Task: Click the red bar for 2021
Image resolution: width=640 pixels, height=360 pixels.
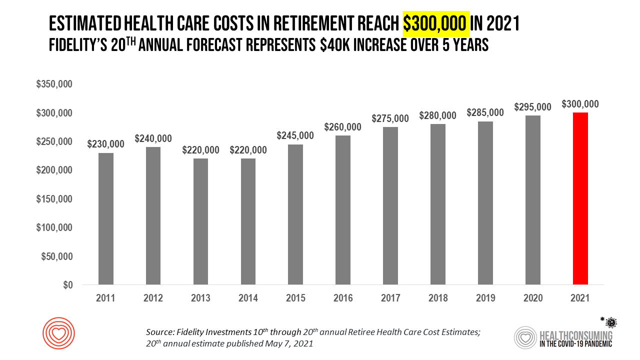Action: [580, 199]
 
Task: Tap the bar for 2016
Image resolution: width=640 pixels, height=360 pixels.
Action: [343, 210]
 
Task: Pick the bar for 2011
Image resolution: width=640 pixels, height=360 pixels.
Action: [106, 218]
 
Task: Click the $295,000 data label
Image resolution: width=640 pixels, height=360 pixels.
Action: [532, 107]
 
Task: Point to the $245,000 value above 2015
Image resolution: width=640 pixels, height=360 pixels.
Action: [295, 135]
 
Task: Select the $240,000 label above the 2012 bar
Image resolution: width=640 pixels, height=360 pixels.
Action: [153, 138]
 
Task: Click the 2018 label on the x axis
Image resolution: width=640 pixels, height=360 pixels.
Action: [438, 298]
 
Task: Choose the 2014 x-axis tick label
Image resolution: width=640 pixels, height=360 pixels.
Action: [248, 298]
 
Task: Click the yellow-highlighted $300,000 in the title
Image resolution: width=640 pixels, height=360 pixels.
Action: [436, 23]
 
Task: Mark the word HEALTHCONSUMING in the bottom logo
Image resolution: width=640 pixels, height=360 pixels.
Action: [575, 334]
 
